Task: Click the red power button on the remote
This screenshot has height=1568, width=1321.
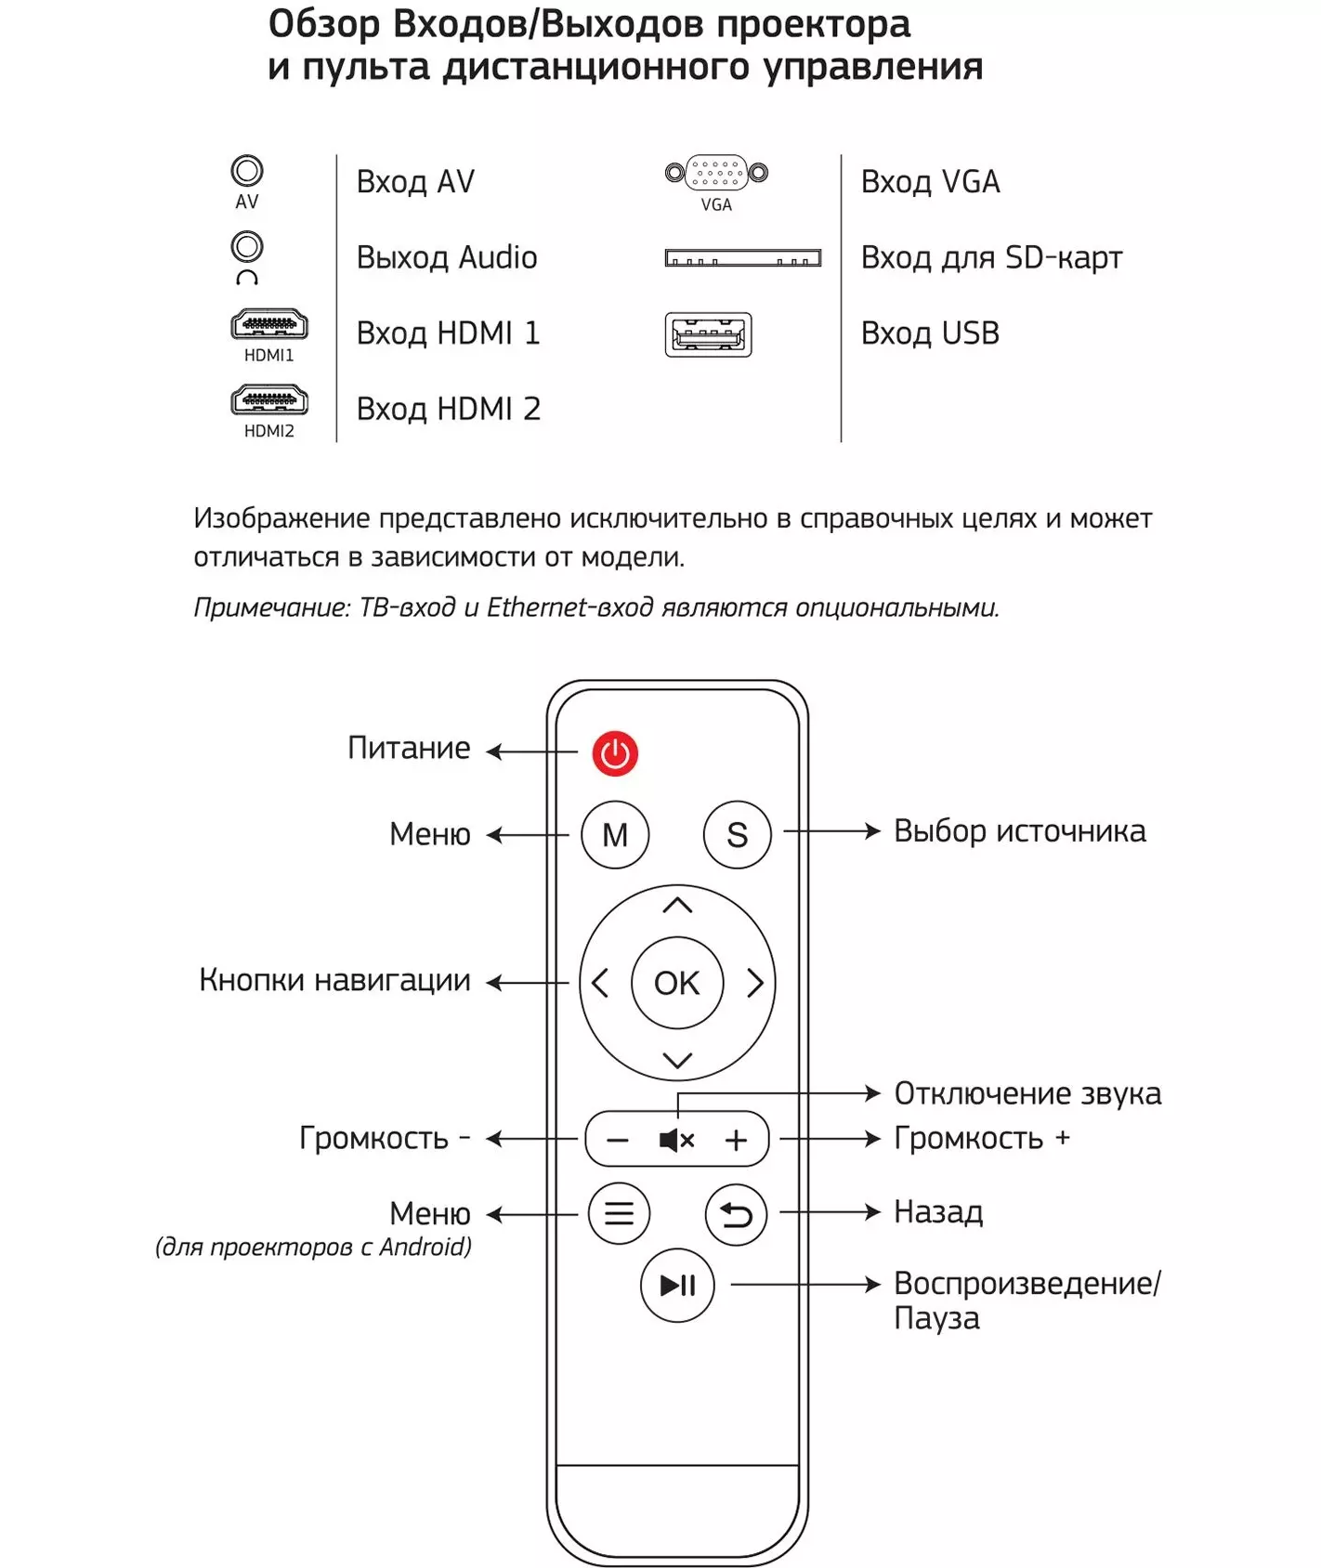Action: coord(615,753)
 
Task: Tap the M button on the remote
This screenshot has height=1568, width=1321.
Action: coord(615,835)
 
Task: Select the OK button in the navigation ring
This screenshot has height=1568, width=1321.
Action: coord(677,983)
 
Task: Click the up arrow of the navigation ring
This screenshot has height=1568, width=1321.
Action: coord(678,905)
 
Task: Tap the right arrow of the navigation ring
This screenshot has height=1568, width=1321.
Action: coord(755,983)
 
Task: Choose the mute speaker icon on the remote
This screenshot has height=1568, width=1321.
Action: coord(676,1140)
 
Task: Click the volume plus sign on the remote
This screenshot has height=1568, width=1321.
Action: coord(736,1140)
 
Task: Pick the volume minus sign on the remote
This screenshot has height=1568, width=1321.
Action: coord(618,1141)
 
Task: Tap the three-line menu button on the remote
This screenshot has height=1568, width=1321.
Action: coord(619,1213)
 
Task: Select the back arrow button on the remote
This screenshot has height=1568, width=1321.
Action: coord(737,1214)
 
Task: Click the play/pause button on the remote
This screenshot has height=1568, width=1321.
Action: coord(677,1286)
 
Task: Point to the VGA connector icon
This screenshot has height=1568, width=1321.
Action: coord(717,173)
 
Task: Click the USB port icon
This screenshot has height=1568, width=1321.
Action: coord(708,334)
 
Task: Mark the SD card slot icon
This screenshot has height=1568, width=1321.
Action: coord(743,257)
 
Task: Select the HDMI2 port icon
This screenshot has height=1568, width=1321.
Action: coord(269,401)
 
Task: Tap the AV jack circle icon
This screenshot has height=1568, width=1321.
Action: coord(247,171)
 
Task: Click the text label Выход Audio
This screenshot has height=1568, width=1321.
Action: coord(447,257)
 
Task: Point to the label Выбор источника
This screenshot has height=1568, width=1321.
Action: coord(1020,831)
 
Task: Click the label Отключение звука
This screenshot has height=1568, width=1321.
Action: coord(1027,1094)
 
